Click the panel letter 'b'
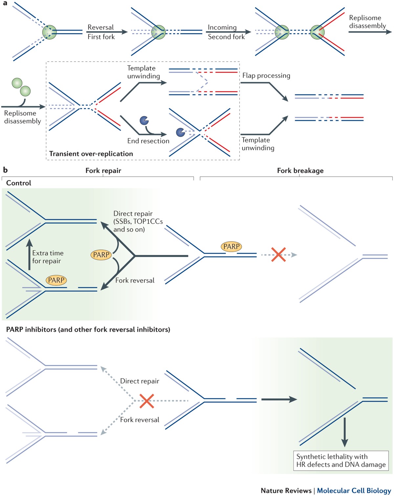point(5,170)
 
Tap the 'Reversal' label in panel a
point(100,27)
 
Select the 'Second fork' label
point(226,37)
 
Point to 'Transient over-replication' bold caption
point(91,154)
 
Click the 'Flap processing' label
point(266,75)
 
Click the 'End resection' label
point(148,141)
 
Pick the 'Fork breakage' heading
point(300,170)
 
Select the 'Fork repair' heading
point(103,170)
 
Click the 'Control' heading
point(19,183)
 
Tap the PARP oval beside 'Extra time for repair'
point(56,280)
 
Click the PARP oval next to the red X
point(231,247)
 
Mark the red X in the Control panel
point(278,255)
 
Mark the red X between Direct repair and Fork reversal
point(146,401)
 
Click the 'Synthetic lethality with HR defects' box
point(341,461)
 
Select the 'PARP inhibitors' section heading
point(88,329)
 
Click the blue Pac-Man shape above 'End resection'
point(144,120)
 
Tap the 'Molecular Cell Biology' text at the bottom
point(354,490)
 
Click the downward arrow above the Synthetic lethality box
point(344,432)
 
